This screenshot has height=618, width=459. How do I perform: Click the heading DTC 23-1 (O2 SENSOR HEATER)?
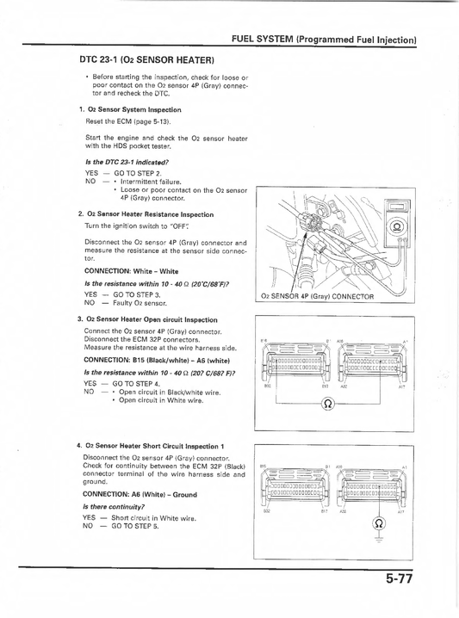146,59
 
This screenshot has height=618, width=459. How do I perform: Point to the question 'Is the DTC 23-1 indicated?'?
127,162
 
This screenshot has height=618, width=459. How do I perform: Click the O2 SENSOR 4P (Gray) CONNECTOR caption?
317,296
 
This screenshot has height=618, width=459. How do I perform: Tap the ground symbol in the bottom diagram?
375,541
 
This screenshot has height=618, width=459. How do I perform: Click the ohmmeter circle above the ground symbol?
375,523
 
